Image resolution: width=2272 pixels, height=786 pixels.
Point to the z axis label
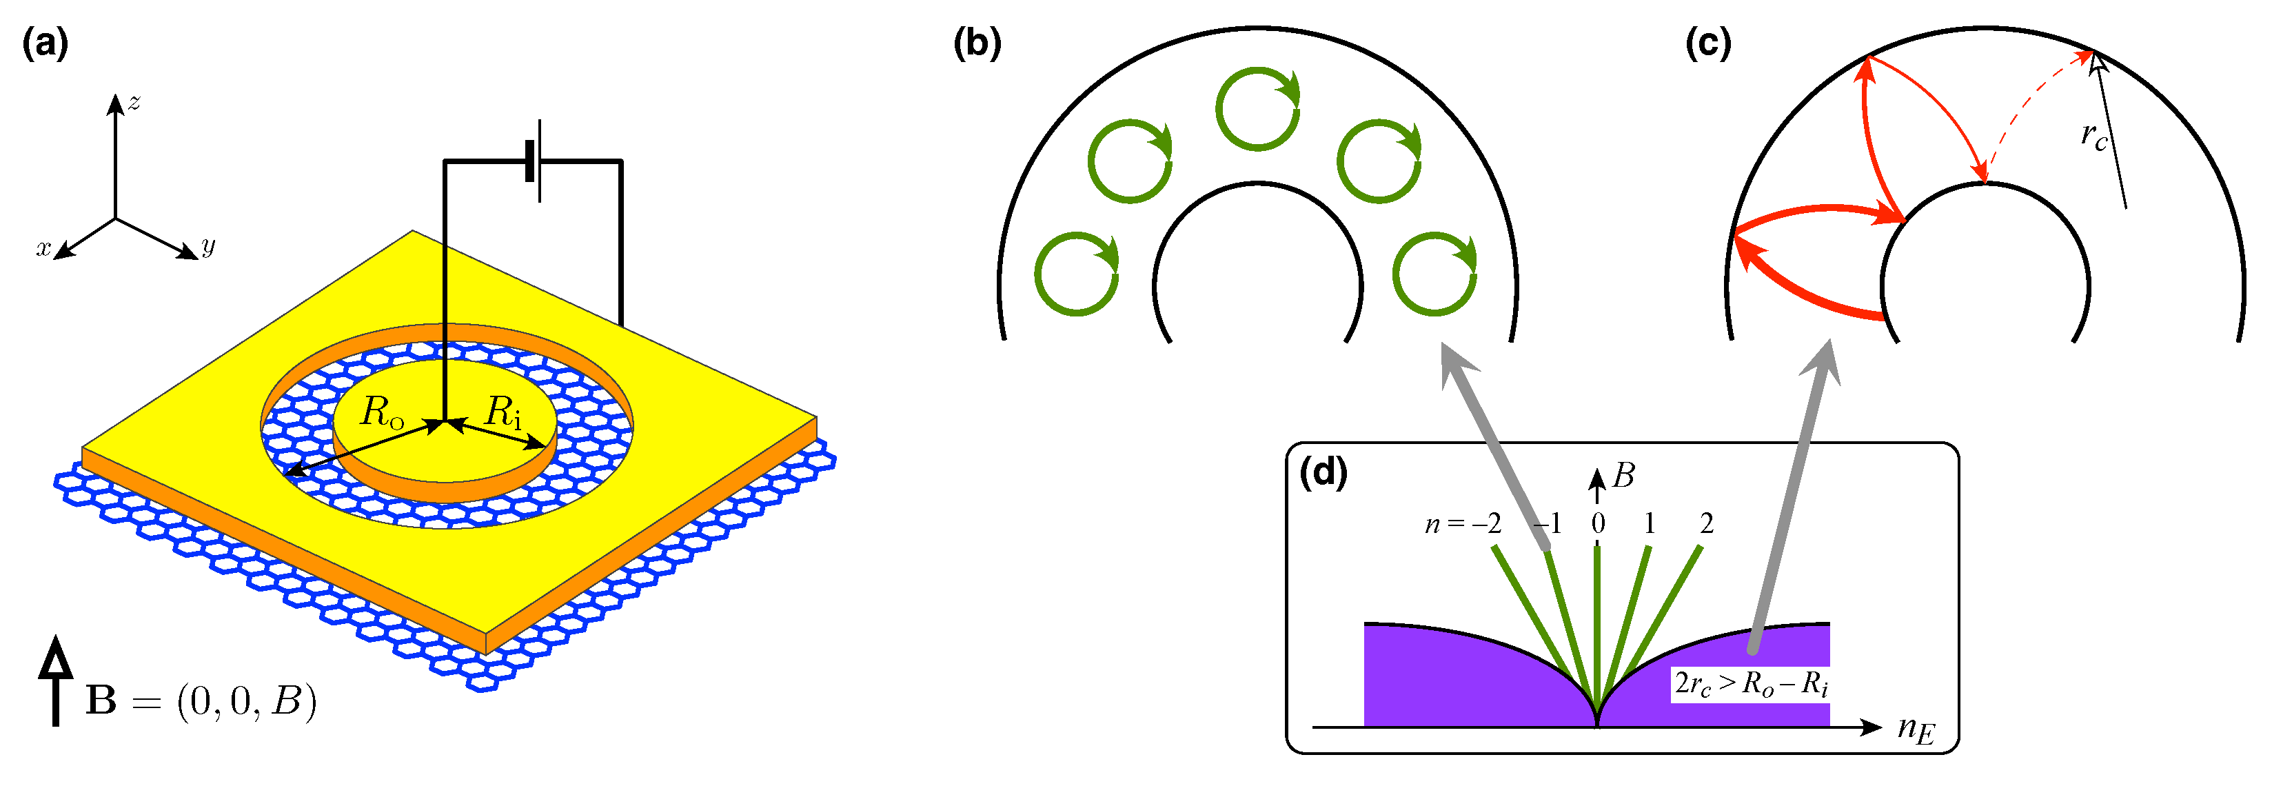[x=134, y=102]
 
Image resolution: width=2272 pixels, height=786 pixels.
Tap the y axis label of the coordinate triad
[x=208, y=246]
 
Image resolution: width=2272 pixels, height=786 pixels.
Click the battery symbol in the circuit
[x=534, y=161]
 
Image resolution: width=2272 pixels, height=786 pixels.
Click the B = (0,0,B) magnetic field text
[x=201, y=701]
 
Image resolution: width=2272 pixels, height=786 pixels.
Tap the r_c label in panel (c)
[x=2094, y=136]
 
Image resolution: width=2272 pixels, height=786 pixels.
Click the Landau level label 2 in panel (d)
[x=1707, y=524]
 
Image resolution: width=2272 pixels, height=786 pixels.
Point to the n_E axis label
[x=1916, y=729]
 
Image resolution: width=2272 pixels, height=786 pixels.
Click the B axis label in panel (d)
[x=1623, y=476]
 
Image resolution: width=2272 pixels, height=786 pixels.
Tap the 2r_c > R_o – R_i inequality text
[x=1751, y=685]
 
